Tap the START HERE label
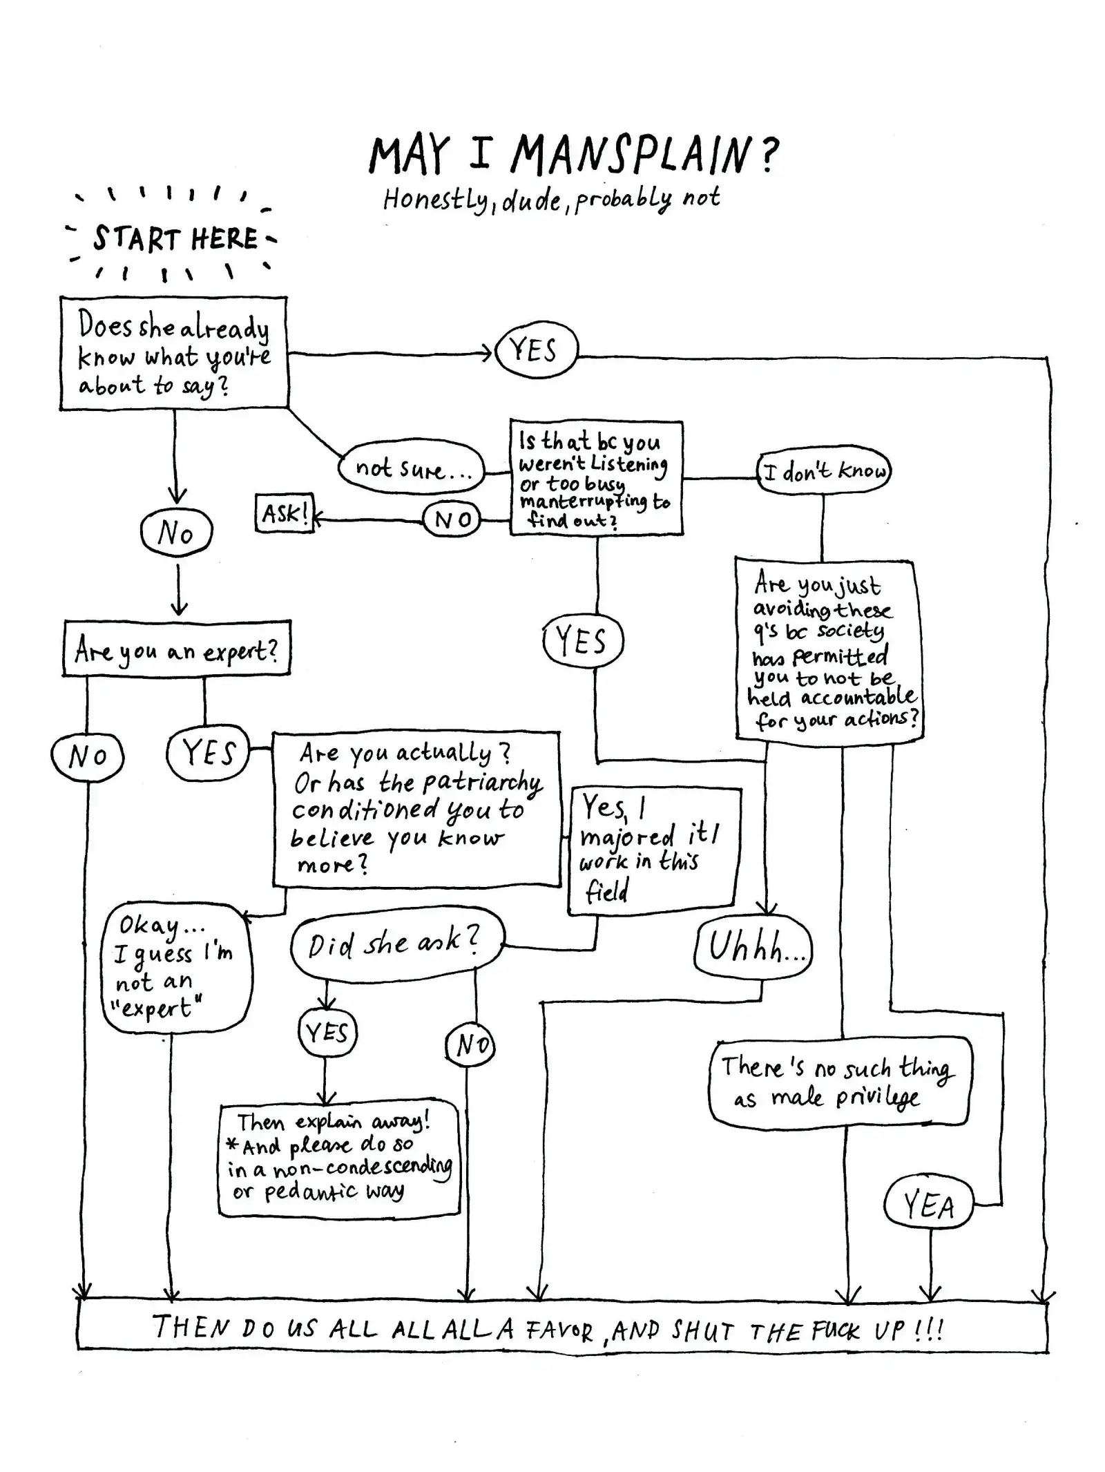175,239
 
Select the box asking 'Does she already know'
173,354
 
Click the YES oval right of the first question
536,350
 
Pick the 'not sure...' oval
412,468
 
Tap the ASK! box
284,513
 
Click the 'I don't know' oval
823,472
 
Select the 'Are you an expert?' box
177,649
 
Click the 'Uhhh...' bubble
753,946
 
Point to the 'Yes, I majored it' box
653,850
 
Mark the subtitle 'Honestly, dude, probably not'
551,200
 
